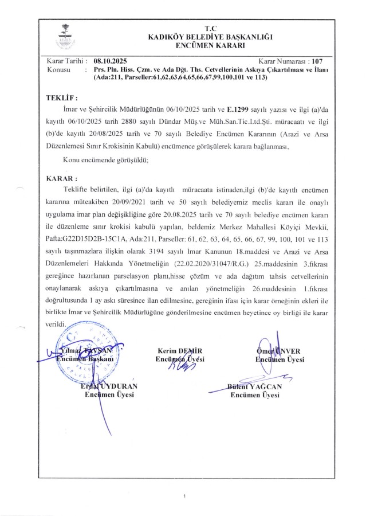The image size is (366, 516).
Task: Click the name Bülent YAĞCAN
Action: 255,387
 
